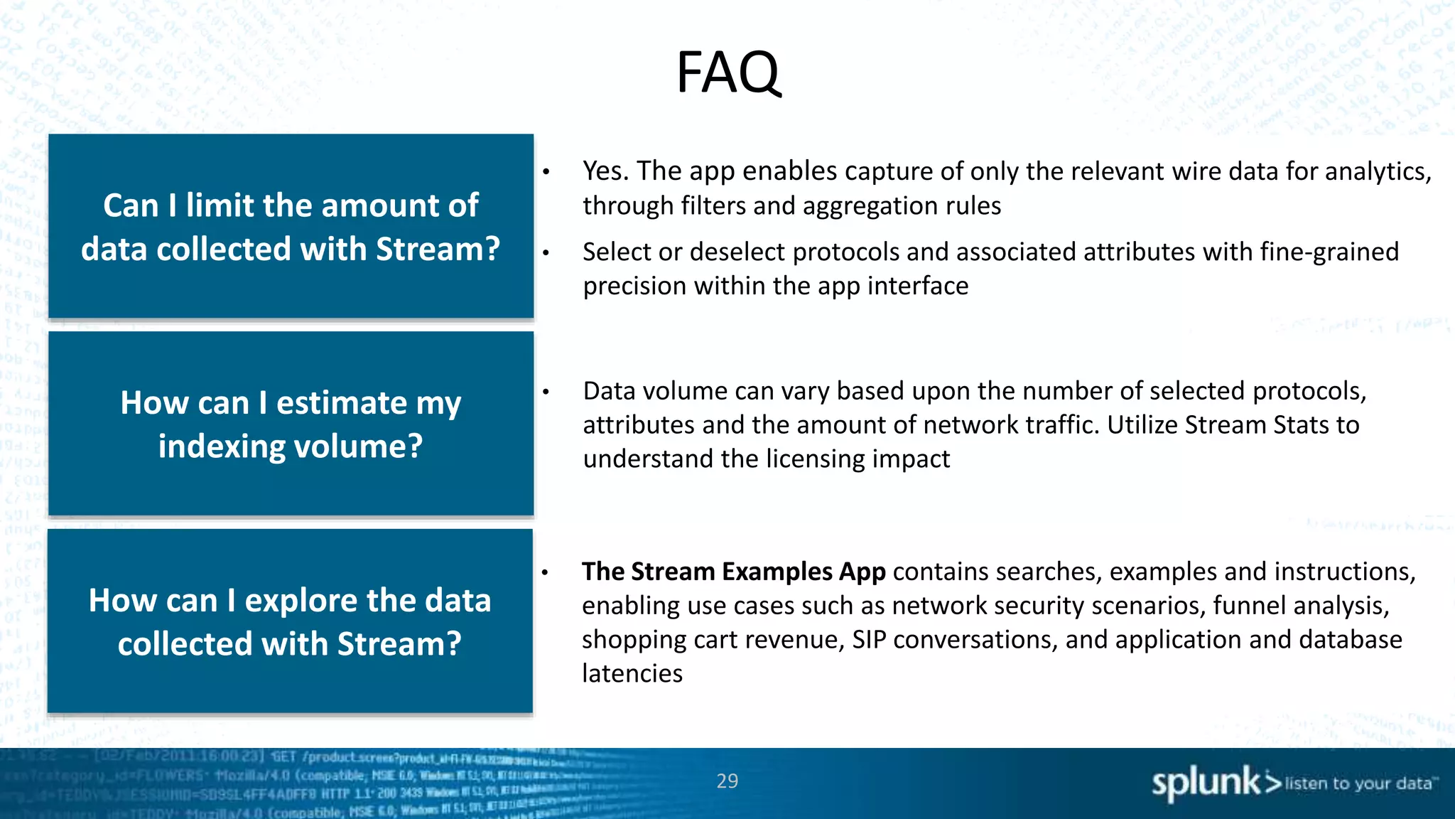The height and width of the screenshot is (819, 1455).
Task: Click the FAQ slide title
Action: (x=727, y=72)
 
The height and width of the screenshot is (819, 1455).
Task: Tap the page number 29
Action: (x=727, y=781)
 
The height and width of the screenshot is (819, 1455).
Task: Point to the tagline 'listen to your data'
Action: (x=1358, y=783)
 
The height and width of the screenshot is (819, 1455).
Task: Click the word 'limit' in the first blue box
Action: (x=220, y=206)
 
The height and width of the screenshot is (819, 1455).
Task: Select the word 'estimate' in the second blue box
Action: (x=342, y=403)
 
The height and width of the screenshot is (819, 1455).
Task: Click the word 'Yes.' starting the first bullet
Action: (x=606, y=171)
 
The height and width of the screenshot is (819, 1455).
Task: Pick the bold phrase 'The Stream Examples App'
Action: (x=733, y=572)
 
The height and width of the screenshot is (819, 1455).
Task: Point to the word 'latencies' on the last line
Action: (x=632, y=673)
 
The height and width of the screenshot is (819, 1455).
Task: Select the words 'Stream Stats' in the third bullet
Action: (x=1256, y=425)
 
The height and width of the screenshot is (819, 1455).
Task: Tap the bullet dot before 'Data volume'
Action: (x=546, y=392)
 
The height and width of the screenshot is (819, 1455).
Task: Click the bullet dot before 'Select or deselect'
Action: (x=546, y=252)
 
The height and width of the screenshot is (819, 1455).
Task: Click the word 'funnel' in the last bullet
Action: (x=1247, y=606)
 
